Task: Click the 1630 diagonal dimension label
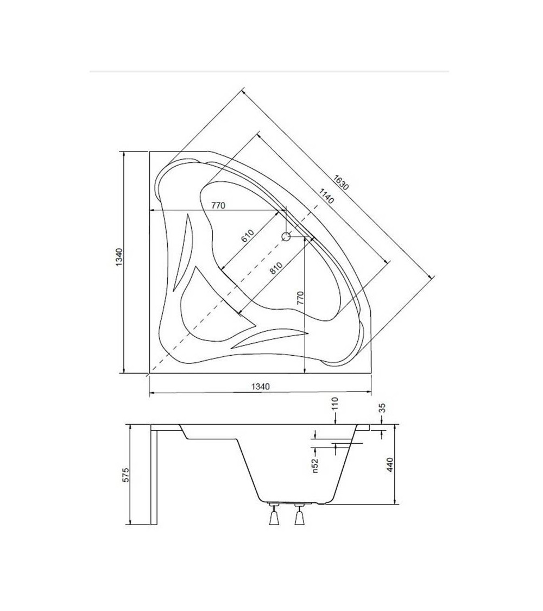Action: (341, 182)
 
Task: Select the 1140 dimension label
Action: (326, 196)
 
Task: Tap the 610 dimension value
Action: (248, 236)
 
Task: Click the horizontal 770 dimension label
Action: (218, 205)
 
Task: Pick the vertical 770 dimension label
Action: (300, 298)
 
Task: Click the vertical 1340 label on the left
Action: (119, 257)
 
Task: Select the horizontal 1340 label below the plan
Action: (260, 387)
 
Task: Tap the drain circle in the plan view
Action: (286, 236)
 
